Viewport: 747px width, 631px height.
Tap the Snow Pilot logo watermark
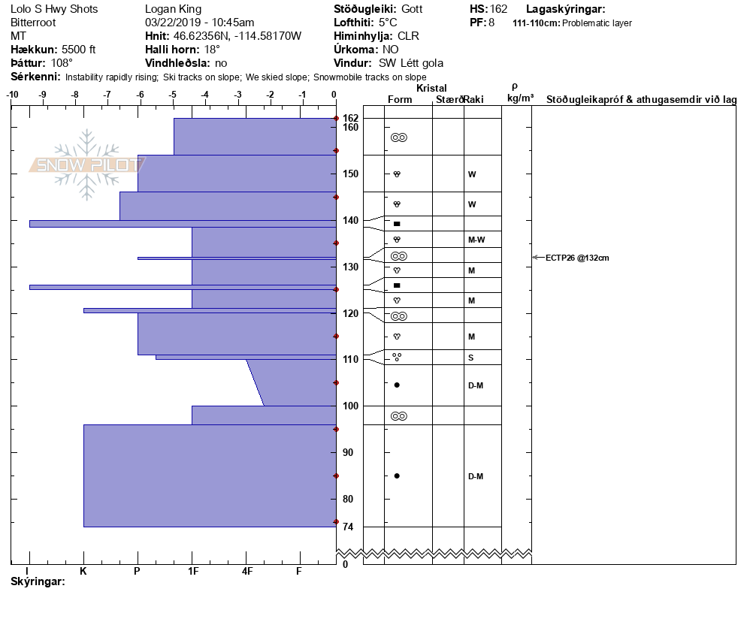(x=87, y=165)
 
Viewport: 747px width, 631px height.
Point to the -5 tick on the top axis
(x=173, y=94)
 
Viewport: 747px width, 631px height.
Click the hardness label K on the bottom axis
(x=83, y=571)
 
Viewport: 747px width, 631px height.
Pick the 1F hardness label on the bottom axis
(x=192, y=571)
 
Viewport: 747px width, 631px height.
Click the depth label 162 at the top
(x=350, y=118)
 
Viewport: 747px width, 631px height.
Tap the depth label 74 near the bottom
(x=349, y=527)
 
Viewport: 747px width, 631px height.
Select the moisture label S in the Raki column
(x=470, y=358)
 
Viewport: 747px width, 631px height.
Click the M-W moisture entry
(x=476, y=240)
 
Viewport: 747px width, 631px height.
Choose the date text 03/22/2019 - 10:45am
(x=199, y=23)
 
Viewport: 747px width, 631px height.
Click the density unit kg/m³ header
(x=519, y=98)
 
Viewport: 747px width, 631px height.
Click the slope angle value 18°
(x=212, y=50)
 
